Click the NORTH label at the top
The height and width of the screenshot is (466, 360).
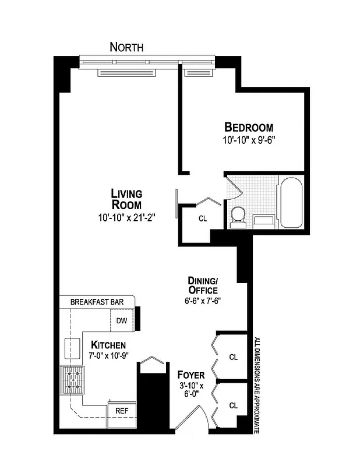(126, 47)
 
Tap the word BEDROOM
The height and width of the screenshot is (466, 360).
(249, 128)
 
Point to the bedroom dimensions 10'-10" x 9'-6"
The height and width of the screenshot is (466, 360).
(248, 140)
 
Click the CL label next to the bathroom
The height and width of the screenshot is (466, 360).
(203, 220)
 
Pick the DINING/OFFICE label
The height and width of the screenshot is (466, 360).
(203, 285)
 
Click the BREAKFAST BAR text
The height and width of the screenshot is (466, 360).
(97, 302)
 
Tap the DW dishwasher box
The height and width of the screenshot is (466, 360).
(121, 320)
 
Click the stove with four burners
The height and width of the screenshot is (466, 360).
(72, 380)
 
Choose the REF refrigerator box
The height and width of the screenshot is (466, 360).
(122, 410)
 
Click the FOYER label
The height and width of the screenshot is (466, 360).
(190, 375)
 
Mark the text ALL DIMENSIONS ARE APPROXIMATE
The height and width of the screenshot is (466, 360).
(256, 384)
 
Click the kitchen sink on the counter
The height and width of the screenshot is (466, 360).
(73, 347)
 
